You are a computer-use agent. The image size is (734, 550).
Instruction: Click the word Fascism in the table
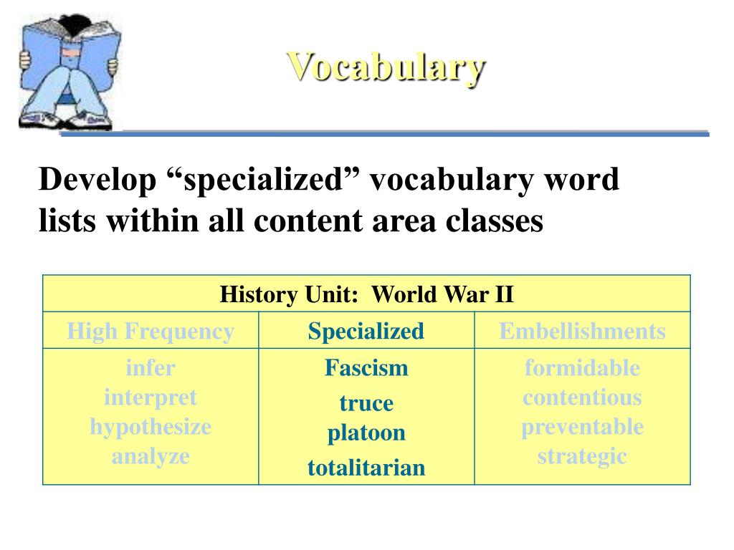coord(366,368)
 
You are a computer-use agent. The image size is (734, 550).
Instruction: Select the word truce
coord(366,403)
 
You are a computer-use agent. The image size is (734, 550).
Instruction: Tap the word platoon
coord(366,433)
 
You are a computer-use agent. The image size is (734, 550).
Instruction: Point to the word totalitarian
coord(366,468)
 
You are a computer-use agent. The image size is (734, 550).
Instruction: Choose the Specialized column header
coord(366,331)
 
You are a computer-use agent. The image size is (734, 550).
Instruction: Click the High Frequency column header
coord(151,331)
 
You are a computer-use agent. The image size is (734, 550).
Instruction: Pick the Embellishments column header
coord(582,331)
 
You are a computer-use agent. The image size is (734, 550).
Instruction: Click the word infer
coord(151,368)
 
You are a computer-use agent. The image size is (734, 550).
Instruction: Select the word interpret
coord(151,397)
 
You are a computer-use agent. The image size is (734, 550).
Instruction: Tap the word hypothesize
coord(151,427)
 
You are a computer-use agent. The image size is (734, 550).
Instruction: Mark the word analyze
coord(151,456)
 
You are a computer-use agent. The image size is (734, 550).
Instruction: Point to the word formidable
coord(582,368)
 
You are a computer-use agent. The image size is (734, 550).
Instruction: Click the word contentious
coord(582,397)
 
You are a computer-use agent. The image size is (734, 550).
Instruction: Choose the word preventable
coord(582,427)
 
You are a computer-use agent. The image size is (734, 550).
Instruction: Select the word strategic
coord(582,456)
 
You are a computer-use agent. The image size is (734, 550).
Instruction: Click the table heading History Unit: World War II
coord(366,294)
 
